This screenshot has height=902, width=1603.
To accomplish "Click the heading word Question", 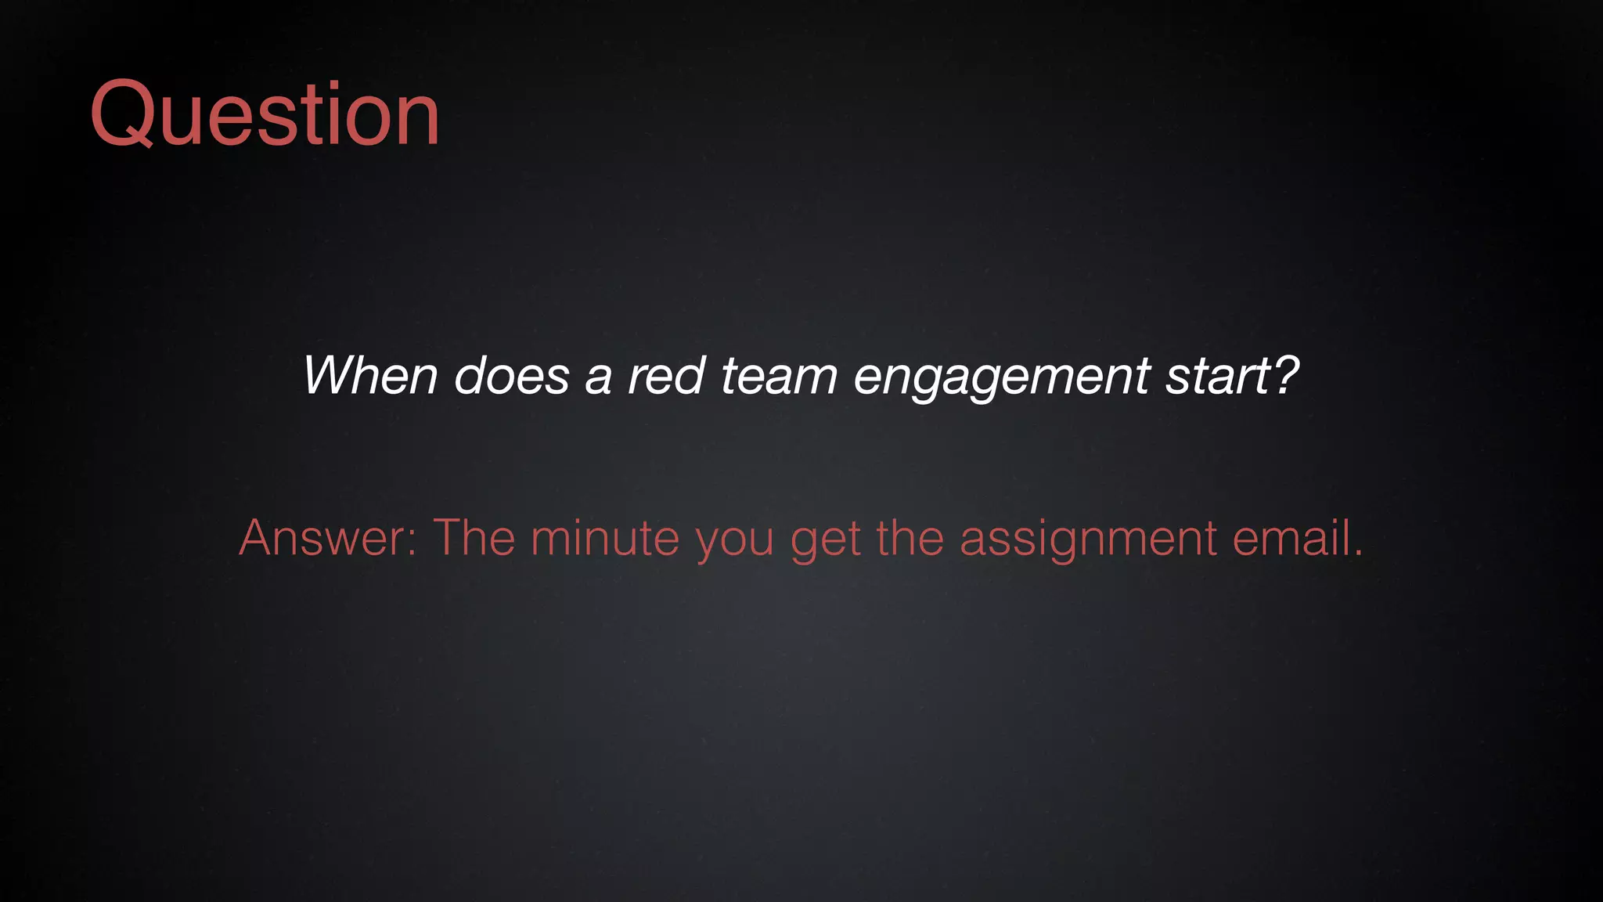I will click(265, 114).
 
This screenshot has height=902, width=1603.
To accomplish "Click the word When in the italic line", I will click(369, 376).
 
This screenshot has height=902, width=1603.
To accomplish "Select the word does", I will click(511, 376).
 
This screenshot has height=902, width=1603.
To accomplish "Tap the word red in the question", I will click(666, 376).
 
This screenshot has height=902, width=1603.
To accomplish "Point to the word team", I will click(778, 376).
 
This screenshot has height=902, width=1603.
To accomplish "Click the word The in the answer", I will click(474, 538).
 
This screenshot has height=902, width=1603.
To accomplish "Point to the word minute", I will click(604, 538).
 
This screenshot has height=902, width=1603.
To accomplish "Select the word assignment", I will click(1088, 539).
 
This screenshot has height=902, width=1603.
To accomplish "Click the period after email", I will click(1358, 554).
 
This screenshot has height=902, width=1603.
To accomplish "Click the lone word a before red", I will click(597, 379).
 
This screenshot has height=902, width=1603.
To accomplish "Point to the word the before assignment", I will click(910, 538).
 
